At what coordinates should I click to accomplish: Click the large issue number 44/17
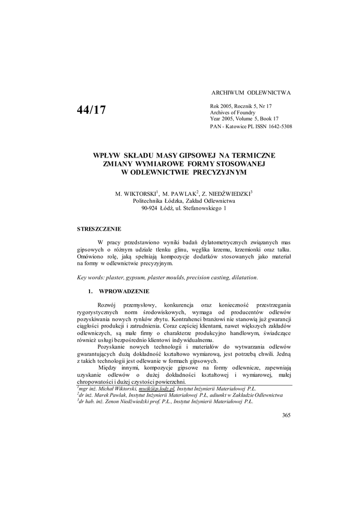(91, 110)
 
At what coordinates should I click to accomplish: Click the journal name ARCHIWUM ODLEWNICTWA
(251, 93)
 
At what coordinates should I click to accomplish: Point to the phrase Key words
(90, 277)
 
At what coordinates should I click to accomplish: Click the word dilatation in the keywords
(243, 277)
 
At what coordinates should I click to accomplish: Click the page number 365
(286, 415)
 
